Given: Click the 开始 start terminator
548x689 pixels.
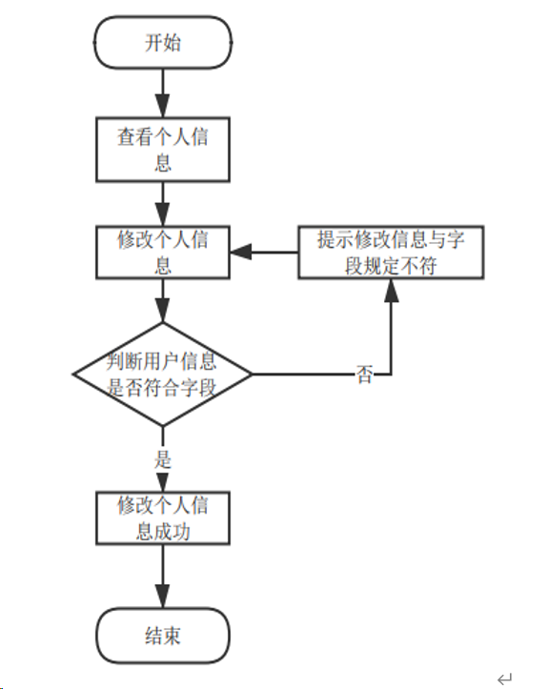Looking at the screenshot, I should [162, 43].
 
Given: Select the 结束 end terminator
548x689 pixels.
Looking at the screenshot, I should [162, 635].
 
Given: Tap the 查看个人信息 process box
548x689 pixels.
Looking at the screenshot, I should [162, 149].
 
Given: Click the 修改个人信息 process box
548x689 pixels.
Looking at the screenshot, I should [162, 253].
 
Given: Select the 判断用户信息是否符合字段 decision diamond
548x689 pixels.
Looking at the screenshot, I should [162, 373].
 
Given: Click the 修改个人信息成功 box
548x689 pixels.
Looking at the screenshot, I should [162, 517].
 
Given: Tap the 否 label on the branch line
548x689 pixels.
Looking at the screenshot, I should [364, 375].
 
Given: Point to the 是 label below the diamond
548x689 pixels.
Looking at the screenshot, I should [162, 457].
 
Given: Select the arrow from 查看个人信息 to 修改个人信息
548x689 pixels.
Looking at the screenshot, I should [162, 202].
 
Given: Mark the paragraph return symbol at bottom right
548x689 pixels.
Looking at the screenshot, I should [504, 678].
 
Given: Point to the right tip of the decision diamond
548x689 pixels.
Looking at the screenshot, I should [252, 373].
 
